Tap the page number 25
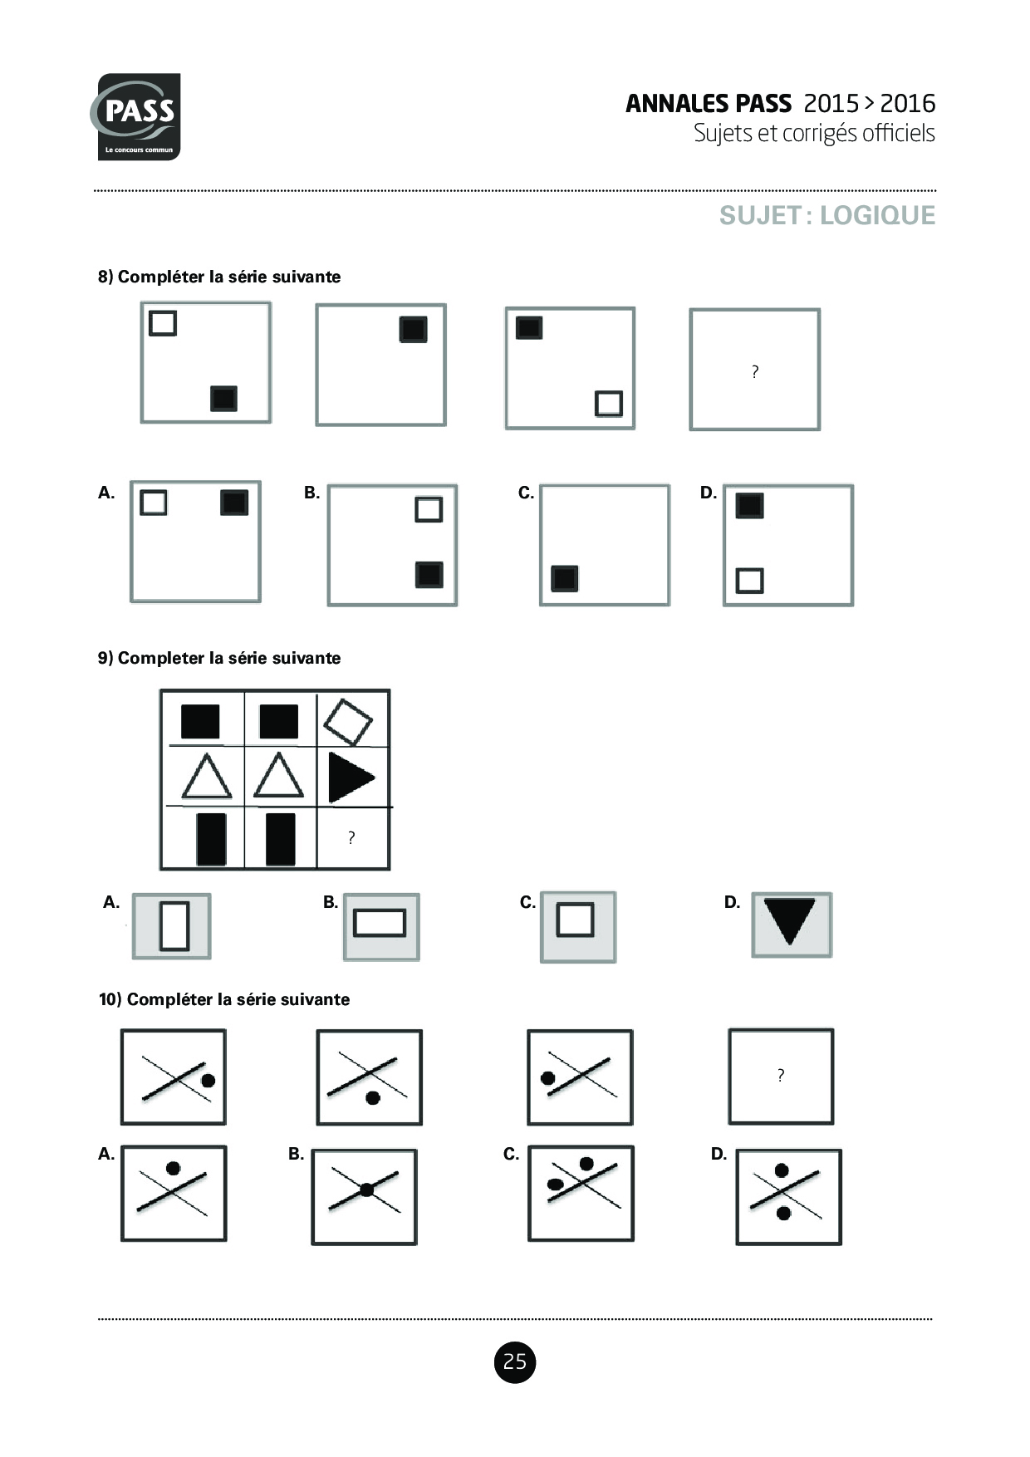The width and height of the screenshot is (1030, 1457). click(x=515, y=1361)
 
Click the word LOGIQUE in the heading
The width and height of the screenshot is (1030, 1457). click(x=877, y=215)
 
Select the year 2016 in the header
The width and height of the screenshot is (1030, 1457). click(x=907, y=103)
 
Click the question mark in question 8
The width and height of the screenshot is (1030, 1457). click(x=754, y=371)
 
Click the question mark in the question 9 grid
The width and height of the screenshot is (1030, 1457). click(x=351, y=837)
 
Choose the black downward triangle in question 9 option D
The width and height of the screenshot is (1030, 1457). click(x=789, y=920)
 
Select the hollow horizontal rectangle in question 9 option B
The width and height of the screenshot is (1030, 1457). click(x=380, y=923)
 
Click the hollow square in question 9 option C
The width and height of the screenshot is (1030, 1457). click(x=575, y=920)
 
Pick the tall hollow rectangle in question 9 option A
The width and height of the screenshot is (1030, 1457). click(x=174, y=925)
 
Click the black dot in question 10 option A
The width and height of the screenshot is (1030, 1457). click(x=173, y=1168)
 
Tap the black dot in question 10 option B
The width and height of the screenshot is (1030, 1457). click(x=365, y=1190)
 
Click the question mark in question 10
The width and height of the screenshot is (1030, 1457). click(x=781, y=1075)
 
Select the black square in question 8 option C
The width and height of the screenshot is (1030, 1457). click(x=565, y=578)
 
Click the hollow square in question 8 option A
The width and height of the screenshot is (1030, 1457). click(x=154, y=503)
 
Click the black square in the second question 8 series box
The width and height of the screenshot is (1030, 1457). click(x=414, y=330)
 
